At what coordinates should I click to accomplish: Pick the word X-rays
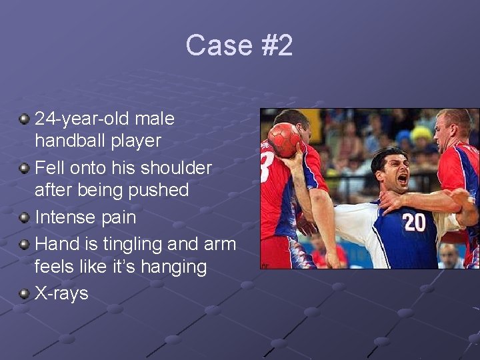[x=61, y=293]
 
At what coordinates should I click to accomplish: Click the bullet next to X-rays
[x=25, y=294]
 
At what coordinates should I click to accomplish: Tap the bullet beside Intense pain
[x=25, y=217]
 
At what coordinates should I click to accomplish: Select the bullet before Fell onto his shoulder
[x=25, y=168]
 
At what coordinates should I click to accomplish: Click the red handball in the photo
[x=284, y=140]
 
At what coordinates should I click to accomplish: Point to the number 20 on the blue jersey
[x=414, y=222]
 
